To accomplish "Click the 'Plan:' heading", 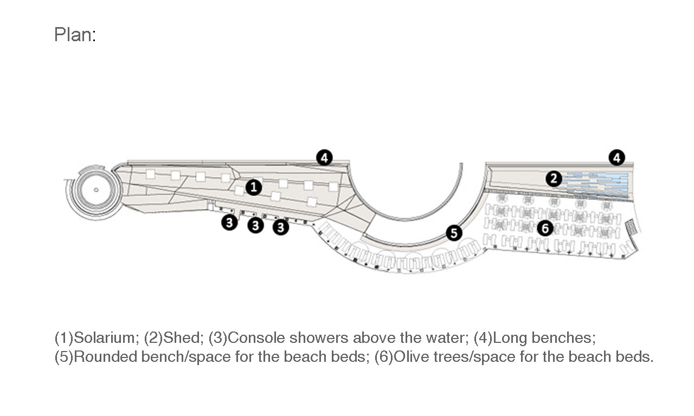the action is (75, 34).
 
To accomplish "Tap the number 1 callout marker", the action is (254, 187).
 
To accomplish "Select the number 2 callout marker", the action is (554, 179).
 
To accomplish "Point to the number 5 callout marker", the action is (454, 233).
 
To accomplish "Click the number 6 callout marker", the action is (545, 228).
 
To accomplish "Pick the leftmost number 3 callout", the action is (229, 222).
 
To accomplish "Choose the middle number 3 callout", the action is (255, 225).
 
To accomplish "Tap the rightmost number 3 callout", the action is (281, 227).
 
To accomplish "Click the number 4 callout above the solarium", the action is (324, 158).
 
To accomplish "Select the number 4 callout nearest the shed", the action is (617, 158).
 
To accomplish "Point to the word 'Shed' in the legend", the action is (183, 337).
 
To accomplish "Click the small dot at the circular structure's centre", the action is (96, 190).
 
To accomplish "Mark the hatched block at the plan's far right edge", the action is (633, 226).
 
